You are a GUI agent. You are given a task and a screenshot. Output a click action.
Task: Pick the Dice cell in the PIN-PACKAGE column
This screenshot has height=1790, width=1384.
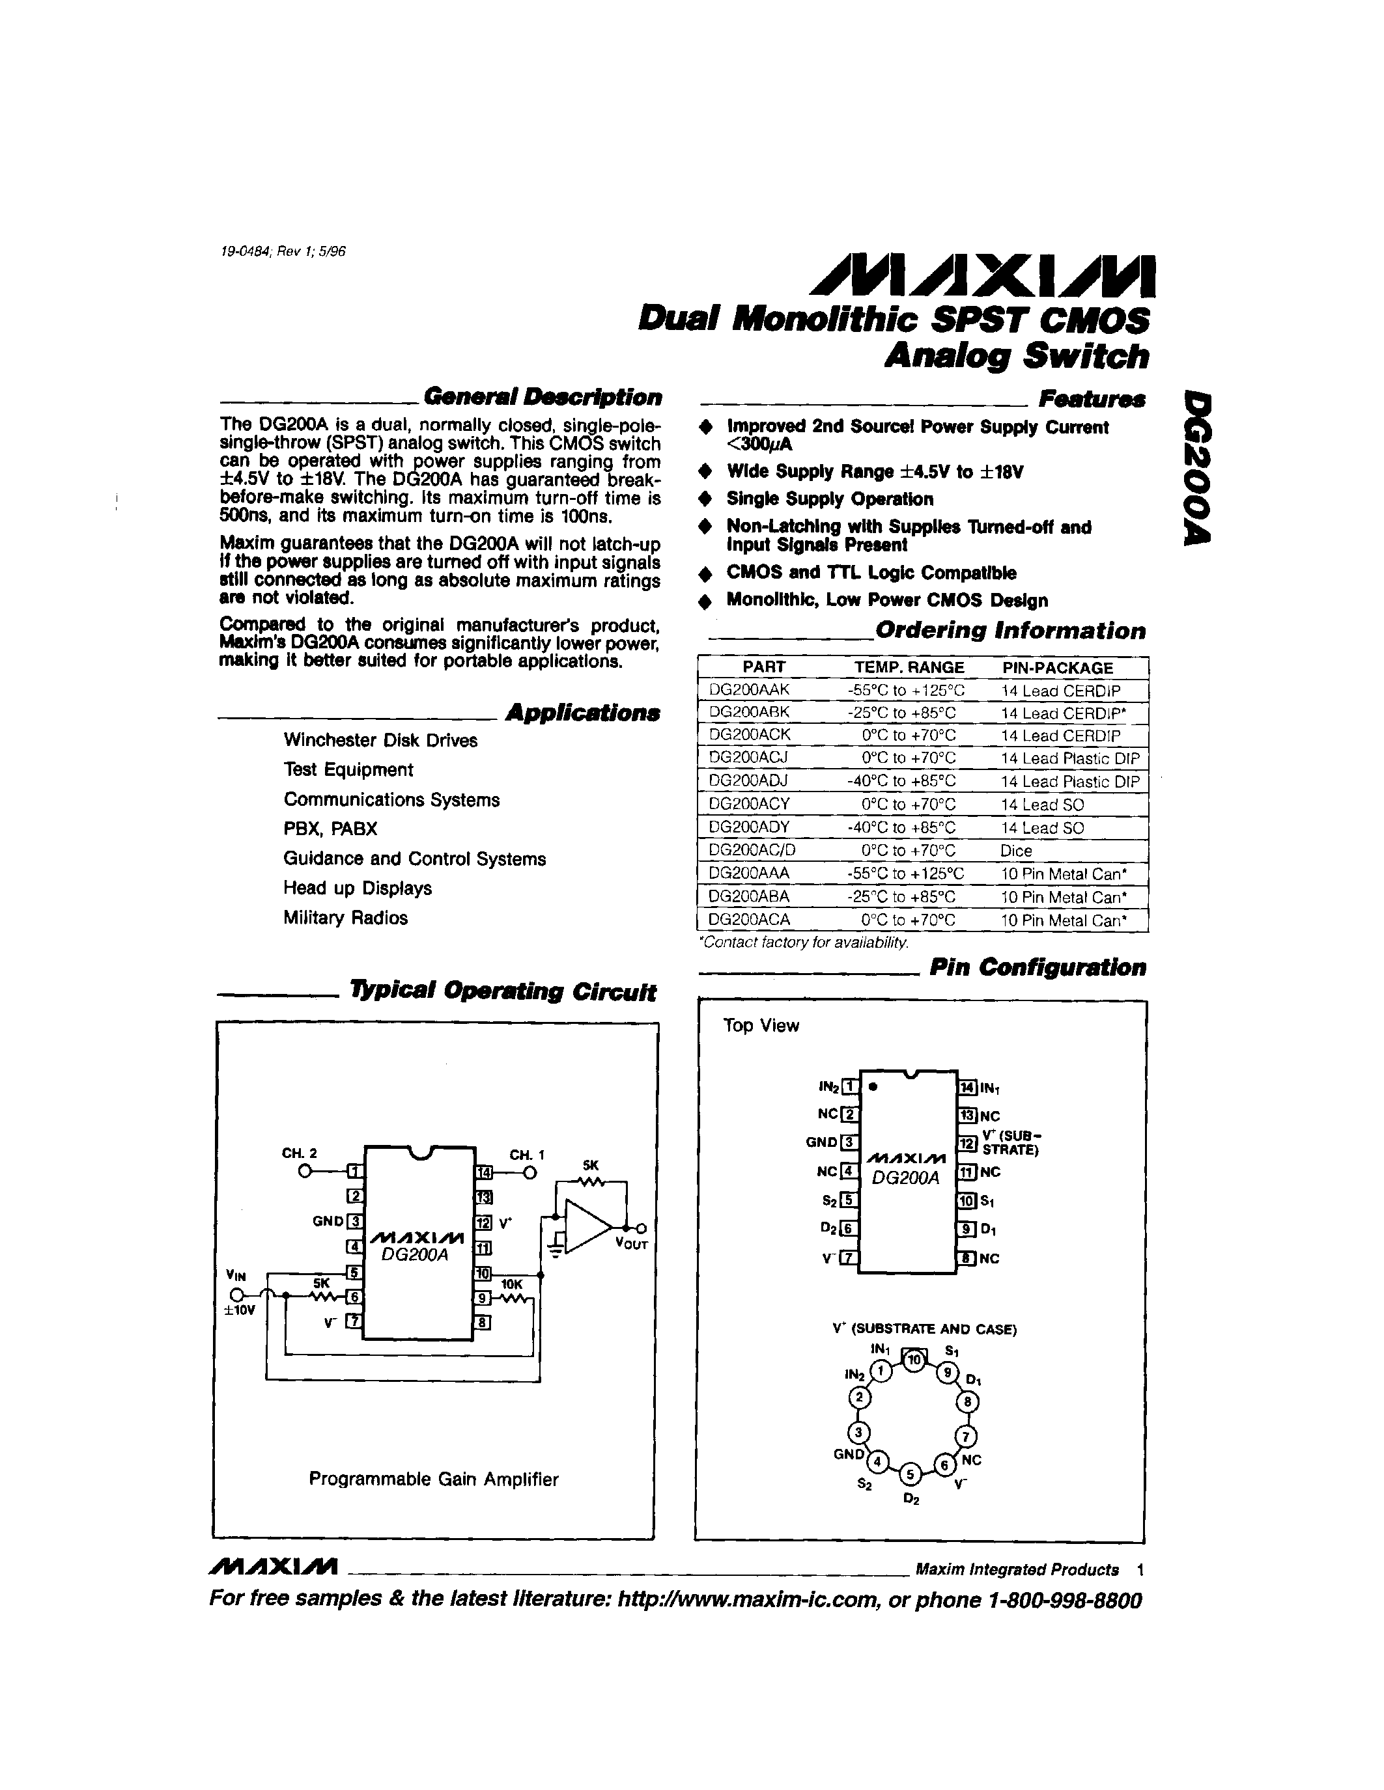[x=1016, y=851]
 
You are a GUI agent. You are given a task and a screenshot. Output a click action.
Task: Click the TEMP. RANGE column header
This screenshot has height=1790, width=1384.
[x=909, y=667]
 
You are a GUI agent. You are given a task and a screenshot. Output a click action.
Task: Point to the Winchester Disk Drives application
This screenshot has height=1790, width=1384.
[x=380, y=740]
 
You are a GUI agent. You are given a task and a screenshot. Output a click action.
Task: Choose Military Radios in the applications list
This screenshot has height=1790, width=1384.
[x=345, y=918]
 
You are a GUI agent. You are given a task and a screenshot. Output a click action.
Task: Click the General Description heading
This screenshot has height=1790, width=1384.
[x=542, y=398]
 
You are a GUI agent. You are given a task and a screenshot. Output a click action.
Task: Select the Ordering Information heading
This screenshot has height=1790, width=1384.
[x=1010, y=631]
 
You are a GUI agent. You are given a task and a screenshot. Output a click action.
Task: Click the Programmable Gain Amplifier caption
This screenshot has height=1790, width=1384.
[x=434, y=1480]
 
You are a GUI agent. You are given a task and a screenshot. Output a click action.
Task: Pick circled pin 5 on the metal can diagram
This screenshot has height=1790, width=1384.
[x=910, y=1474]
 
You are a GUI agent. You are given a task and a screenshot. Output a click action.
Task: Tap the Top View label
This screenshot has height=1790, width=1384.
[x=761, y=1025]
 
